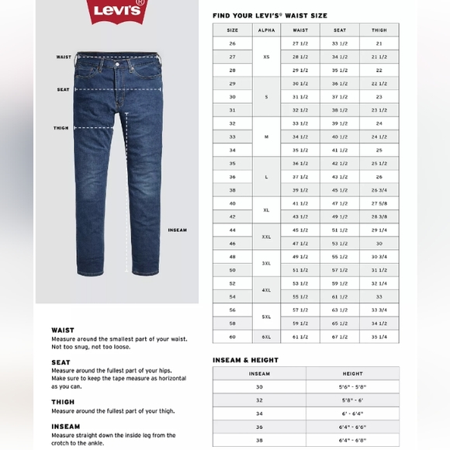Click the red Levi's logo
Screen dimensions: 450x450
(x=117, y=12)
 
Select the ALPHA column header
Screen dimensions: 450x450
(x=265, y=30)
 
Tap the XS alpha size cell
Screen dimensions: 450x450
(x=265, y=57)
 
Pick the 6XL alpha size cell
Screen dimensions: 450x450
(x=265, y=337)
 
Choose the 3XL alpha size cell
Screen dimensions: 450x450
(x=265, y=263)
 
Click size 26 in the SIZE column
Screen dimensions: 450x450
(x=232, y=43)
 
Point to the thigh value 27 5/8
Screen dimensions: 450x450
(x=379, y=203)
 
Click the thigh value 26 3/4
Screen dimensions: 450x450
(x=379, y=190)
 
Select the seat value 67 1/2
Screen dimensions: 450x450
(x=340, y=337)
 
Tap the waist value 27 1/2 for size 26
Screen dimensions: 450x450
(x=300, y=43)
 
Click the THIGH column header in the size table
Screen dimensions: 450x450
(x=379, y=30)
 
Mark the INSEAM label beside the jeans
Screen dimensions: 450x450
(x=177, y=230)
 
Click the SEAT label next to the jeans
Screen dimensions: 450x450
(x=63, y=89)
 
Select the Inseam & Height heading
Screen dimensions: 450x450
(x=245, y=360)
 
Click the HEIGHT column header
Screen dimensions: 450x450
(x=352, y=373)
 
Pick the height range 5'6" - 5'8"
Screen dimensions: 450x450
(x=352, y=386)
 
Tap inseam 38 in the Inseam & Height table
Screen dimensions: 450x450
(x=259, y=439)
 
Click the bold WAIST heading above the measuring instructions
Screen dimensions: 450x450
(x=63, y=330)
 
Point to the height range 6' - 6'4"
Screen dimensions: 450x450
(x=352, y=413)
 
